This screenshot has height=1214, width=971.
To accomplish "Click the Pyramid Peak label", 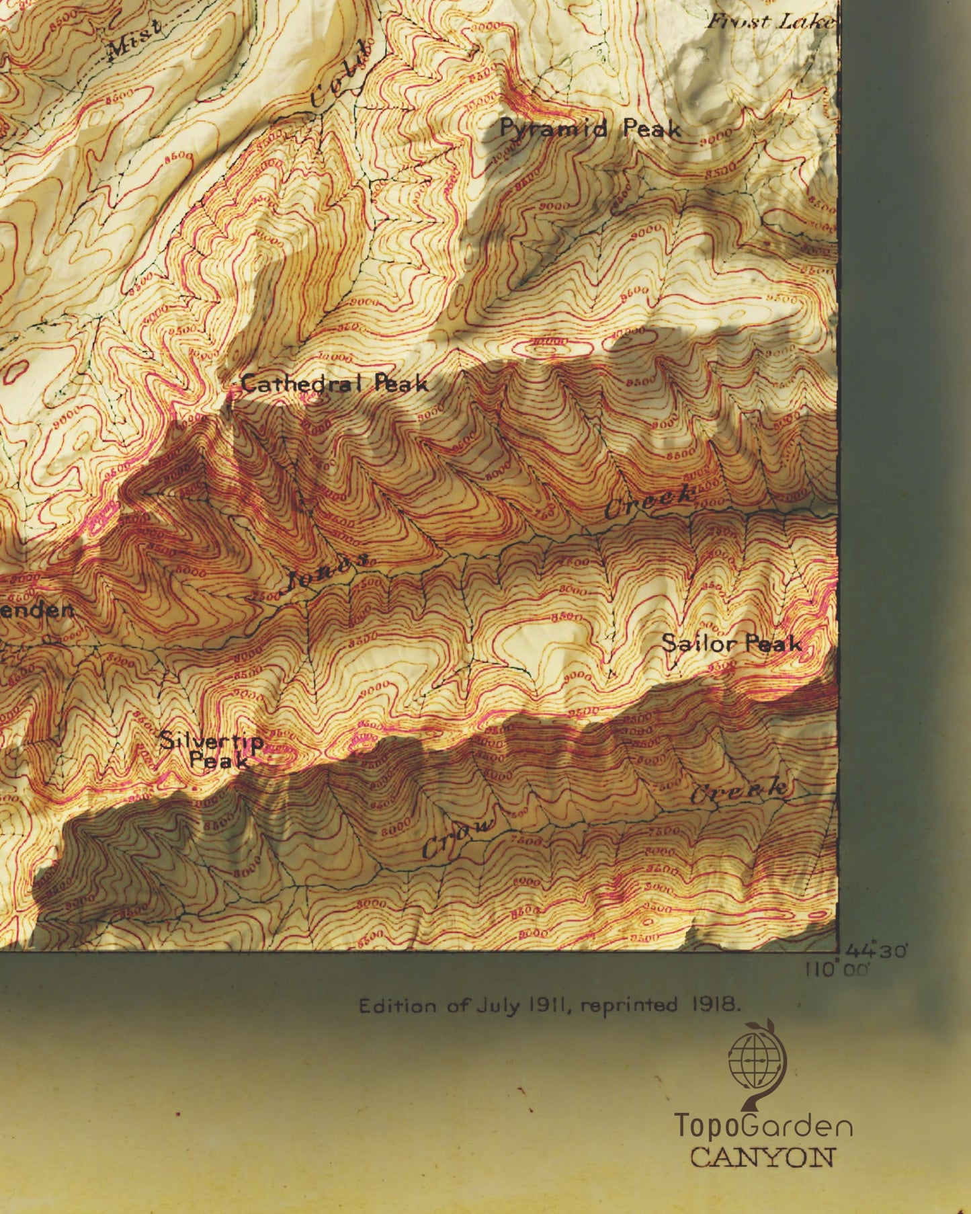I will (590, 128).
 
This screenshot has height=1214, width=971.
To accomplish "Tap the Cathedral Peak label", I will (334, 384).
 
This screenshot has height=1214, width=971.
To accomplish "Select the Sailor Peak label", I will (732, 643).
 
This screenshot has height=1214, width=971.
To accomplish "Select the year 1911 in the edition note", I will (550, 1006).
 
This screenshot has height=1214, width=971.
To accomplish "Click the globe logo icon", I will (757, 1065).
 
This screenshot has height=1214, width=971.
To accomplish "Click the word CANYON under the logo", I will (763, 1158).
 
